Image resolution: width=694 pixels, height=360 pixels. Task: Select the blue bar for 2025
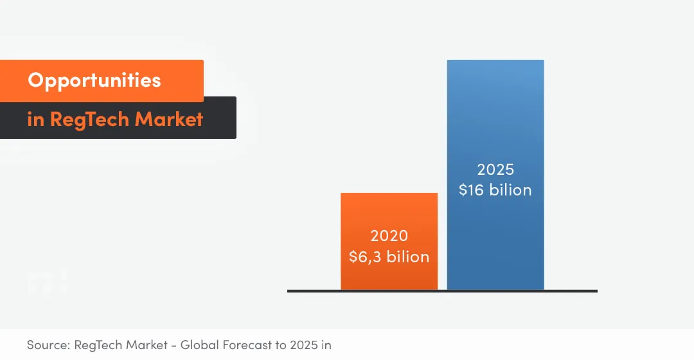tap(495, 116)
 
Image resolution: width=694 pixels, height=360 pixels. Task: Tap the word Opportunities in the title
tap(94, 80)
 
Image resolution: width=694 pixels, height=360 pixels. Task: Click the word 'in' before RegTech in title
tap(35, 120)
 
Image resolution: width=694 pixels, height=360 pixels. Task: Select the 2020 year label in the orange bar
tap(389, 236)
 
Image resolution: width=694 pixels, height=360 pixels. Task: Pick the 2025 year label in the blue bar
tap(495, 170)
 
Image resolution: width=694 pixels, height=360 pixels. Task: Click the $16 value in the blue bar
tap(474, 190)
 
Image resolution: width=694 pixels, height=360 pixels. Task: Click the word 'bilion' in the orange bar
tap(408, 256)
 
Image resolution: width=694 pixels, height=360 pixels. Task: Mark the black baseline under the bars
tap(442, 291)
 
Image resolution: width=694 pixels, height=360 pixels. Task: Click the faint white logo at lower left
tap(47, 283)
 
